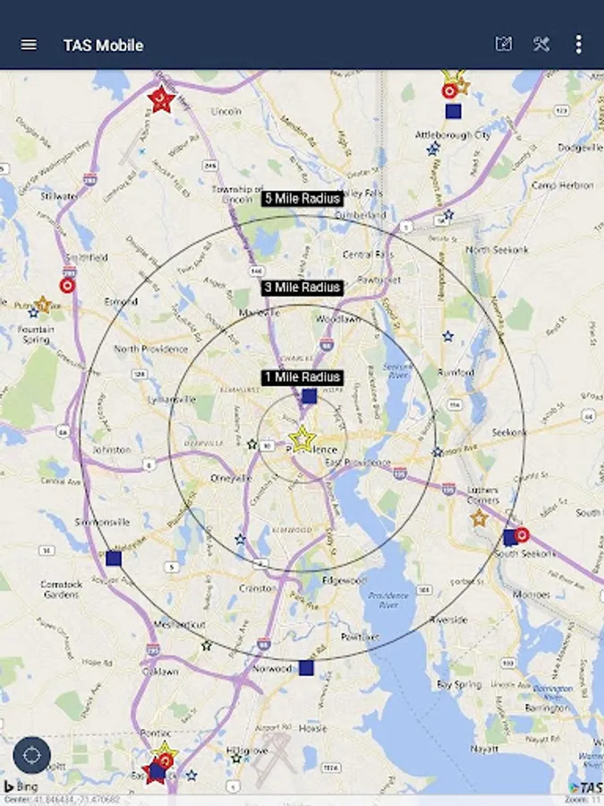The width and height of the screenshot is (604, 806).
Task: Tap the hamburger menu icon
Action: (29, 45)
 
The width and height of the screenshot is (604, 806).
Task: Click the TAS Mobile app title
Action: (103, 45)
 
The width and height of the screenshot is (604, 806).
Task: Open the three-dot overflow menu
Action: (579, 44)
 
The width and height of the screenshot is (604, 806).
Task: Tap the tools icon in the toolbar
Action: (541, 44)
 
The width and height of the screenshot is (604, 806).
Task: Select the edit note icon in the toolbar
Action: (504, 44)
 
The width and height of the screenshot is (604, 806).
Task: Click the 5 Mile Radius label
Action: (302, 198)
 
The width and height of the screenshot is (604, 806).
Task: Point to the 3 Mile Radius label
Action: (302, 287)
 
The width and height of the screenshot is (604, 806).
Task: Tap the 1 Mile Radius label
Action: (302, 377)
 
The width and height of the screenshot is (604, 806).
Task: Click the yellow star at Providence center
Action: (302, 439)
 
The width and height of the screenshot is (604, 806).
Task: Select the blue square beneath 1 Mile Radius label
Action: (309, 396)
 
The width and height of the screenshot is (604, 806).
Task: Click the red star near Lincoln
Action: (161, 99)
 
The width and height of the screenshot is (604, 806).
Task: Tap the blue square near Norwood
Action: (306, 667)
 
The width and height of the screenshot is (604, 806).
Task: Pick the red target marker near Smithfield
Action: (66, 285)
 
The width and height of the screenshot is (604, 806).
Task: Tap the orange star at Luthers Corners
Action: (479, 518)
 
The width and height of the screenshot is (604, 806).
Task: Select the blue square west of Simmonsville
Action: (114, 558)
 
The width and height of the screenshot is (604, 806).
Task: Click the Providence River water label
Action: (390, 600)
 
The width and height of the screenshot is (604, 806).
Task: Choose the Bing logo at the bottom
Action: (27, 786)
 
